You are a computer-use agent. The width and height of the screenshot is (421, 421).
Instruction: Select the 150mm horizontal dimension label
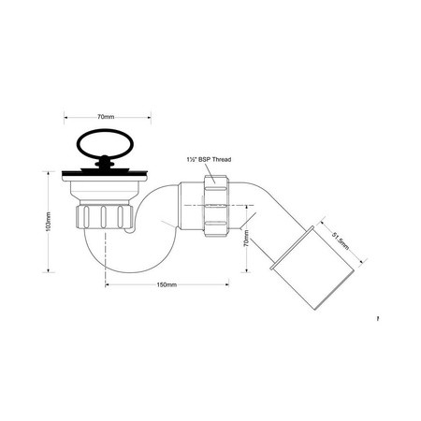pos(168,283)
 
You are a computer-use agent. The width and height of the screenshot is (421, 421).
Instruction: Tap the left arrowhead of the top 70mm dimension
pos(65,117)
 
